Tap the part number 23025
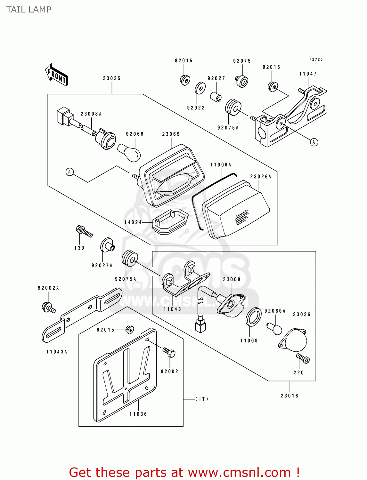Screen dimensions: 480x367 (112, 78)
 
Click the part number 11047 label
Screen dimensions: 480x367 (308, 74)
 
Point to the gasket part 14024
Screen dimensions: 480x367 (170, 220)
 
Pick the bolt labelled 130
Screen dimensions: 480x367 (84, 231)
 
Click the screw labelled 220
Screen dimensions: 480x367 (303, 358)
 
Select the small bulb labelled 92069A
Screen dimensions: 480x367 (275, 329)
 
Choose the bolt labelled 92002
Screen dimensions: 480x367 (169, 352)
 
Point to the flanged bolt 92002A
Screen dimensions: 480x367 (48, 308)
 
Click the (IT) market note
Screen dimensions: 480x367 (202, 399)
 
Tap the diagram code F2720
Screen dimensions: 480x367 (316, 60)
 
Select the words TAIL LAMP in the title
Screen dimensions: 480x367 (29, 10)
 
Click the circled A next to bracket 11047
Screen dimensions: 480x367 (314, 142)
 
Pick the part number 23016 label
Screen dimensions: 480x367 (290, 396)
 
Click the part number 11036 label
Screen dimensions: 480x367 (138, 414)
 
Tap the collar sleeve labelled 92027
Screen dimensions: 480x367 (216, 96)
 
